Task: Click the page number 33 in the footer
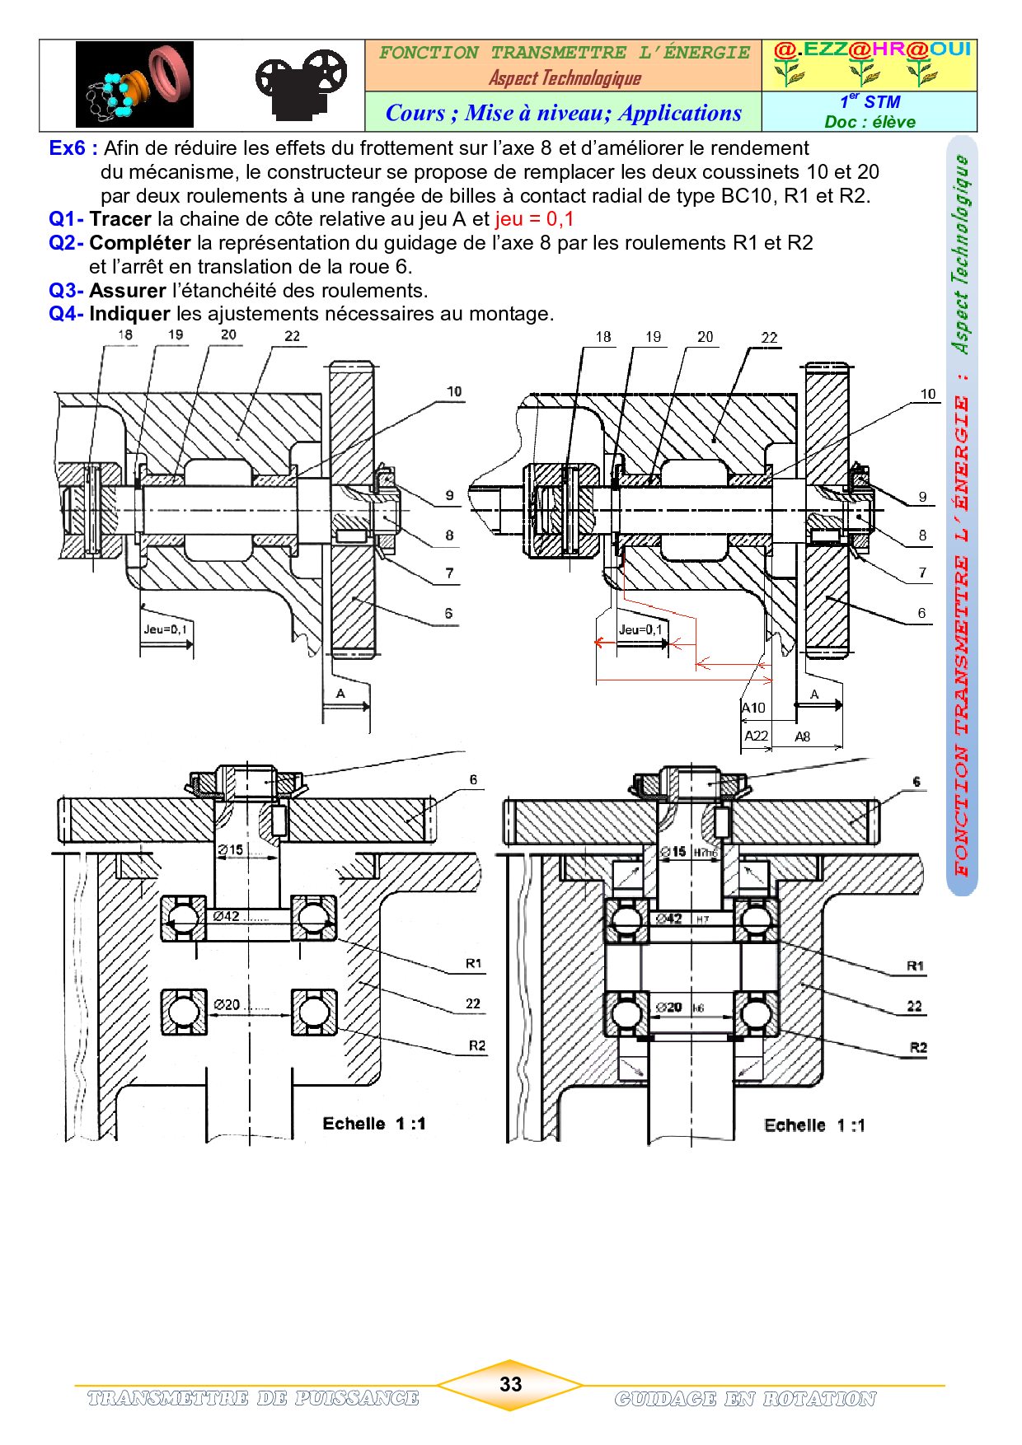pyautogui.click(x=510, y=1384)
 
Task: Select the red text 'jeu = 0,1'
pyautogui.click(x=534, y=219)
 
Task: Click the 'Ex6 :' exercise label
pyautogui.click(x=73, y=148)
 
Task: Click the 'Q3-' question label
pyautogui.click(x=66, y=291)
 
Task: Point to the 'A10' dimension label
pyautogui.click(x=753, y=708)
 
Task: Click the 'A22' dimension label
pyautogui.click(x=756, y=736)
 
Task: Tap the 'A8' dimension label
pyautogui.click(x=803, y=737)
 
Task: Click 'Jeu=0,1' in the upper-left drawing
pyautogui.click(x=165, y=629)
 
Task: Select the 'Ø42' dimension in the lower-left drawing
pyautogui.click(x=227, y=916)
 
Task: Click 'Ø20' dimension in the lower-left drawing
pyautogui.click(x=227, y=1004)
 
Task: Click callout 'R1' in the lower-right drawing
pyautogui.click(x=915, y=966)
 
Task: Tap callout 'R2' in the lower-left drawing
pyautogui.click(x=476, y=1045)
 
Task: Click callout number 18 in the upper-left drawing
pyautogui.click(x=124, y=334)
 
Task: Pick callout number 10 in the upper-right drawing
pyautogui.click(x=928, y=394)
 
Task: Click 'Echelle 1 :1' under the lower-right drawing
pyautogui.click(x=814, y=1125)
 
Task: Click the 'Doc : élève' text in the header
pyautogui.click(x=870, y=122)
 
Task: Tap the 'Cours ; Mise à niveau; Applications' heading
pyautogui.click(x=564, y=113)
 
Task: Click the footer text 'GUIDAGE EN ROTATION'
pyautogui.click(x=745, y=1399)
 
